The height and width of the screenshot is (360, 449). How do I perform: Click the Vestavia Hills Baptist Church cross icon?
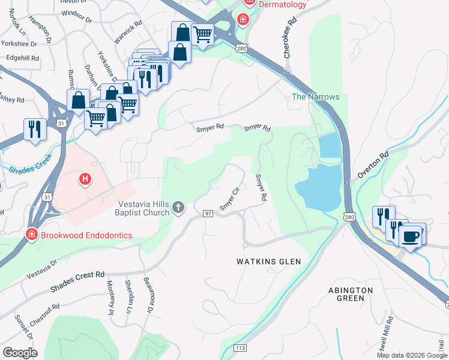[x=178, y=208]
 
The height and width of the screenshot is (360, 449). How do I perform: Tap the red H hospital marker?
[x=86, y=178]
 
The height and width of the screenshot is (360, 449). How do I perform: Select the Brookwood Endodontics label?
[x=86, y=235]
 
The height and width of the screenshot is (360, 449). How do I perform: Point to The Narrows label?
[x=315, y=97]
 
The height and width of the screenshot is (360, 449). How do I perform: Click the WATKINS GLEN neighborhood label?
[x=268, y=262]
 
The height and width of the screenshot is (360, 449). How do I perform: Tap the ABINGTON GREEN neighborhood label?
[x=351, y=294]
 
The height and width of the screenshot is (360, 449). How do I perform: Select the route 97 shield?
[x=208, y=214]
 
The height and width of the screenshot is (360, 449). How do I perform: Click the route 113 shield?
[x=240, y=347]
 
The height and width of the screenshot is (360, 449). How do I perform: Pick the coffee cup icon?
[x=411, y=236]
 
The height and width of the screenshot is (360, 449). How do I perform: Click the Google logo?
[x=20, y=352]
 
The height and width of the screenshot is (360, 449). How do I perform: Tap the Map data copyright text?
[x=412, y=355]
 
